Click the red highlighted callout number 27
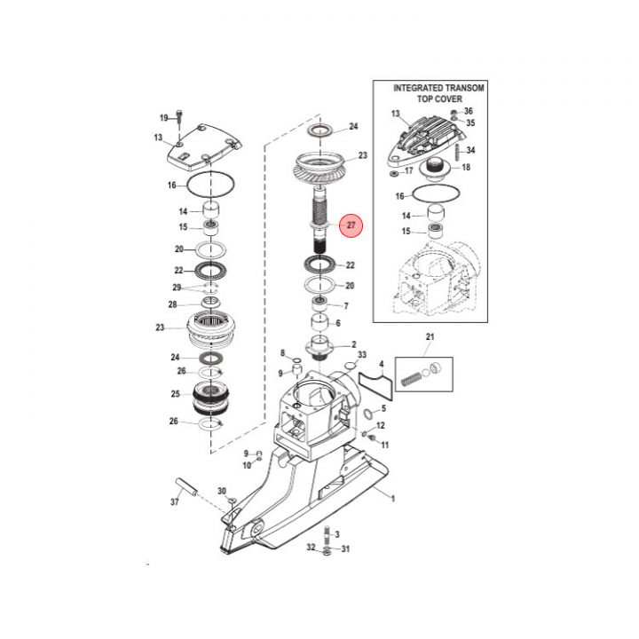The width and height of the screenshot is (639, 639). tap(351, 225)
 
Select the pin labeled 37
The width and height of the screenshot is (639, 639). tap(187, 486)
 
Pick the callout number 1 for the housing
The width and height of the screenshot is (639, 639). tap(393, 499)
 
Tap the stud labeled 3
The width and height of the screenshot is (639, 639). tap(327, 533)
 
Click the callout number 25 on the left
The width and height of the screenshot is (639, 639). tap(175, 394)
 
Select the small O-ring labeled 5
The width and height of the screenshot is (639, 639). tap(367, 414)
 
